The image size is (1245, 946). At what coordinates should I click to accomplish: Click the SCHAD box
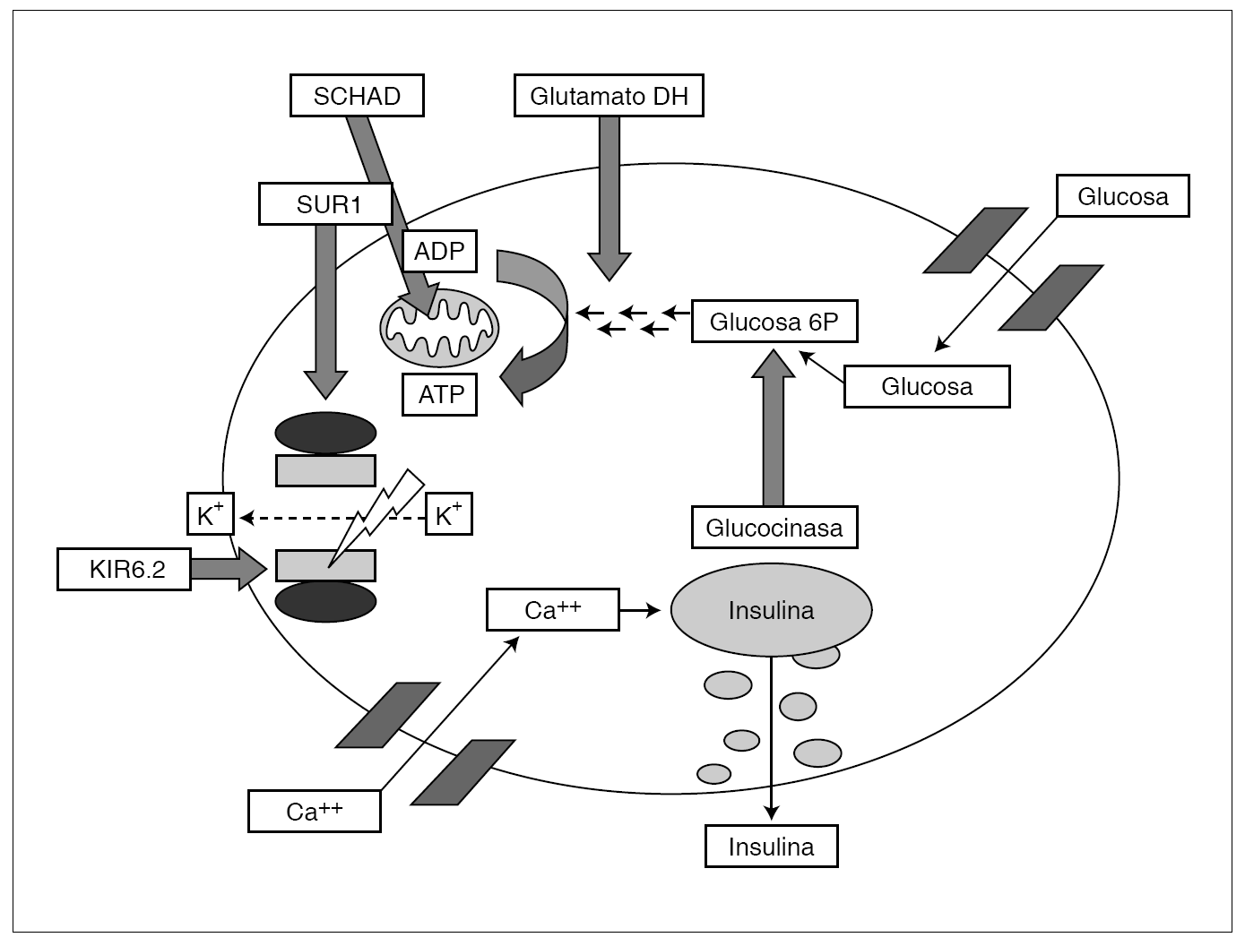click(357, 96)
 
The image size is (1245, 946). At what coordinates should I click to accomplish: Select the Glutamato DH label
click(609, 96)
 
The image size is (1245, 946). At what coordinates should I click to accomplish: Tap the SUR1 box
click(325, 204)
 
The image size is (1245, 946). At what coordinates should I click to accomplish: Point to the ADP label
click(439, 251)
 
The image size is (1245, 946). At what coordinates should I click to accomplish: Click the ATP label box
click(440, 394)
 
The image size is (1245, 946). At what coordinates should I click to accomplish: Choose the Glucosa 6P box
click(774, 322)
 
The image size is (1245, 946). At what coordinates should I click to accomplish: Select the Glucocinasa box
click(774, 528)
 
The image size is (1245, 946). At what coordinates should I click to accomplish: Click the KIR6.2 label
click(124, 569)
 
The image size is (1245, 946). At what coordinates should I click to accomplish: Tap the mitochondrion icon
click(439, 329)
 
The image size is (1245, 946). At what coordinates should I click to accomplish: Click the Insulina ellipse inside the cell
click(771, 610)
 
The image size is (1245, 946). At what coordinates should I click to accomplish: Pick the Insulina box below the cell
click(771, 847)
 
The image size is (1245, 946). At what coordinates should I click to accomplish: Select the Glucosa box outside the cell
click(1122, 196)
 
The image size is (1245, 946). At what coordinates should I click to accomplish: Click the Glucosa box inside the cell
click(927, 386)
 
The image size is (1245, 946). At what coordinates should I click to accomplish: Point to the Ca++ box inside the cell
click(552, 610)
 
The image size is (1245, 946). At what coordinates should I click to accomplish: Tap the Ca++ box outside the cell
click(314, 811)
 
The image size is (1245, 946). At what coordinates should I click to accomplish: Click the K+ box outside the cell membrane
click(211, 514)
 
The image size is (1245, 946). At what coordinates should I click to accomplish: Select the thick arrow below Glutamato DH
click(610, 197)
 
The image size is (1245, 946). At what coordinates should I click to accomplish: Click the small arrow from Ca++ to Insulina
click(640, 610)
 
